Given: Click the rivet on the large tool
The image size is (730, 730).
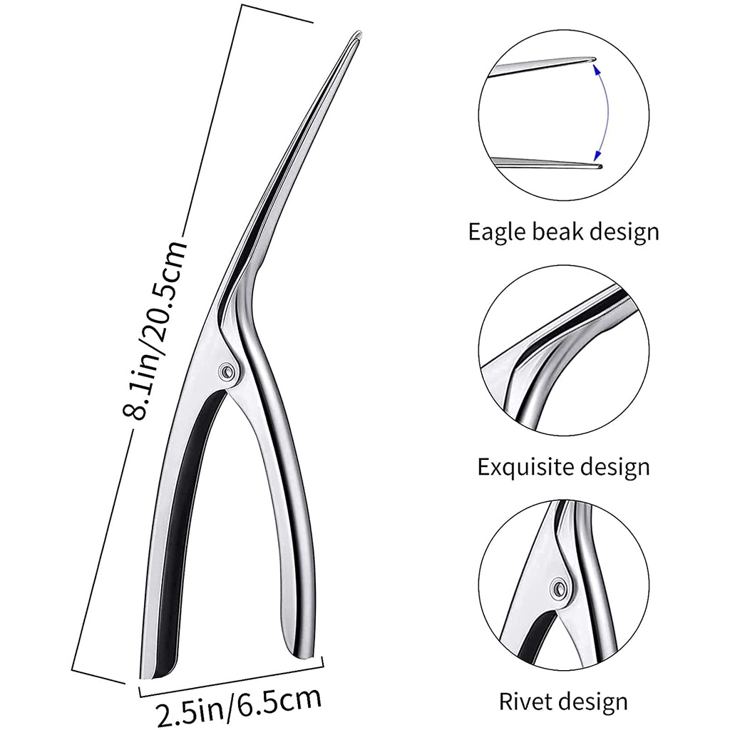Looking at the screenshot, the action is (227, 371).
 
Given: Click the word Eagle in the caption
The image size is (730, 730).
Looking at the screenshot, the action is (498, 232).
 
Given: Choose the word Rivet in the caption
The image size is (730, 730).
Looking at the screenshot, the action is (523, 701).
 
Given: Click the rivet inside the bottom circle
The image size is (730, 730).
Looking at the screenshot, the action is (557, 588).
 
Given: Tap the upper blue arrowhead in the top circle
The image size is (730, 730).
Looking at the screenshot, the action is (595, 68).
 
